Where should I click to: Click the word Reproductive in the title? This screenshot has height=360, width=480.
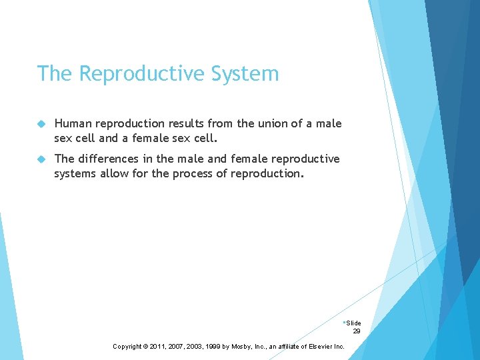[143, 74]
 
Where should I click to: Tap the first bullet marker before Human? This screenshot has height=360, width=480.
[41, 124]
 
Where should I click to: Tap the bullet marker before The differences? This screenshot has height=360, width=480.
[41, 159]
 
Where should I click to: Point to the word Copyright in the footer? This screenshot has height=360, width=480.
[127, 347]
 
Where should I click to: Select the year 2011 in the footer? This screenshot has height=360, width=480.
[158, 347]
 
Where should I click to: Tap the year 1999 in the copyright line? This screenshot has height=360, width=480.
[211, 347]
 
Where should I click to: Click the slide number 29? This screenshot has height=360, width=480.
[357, 331]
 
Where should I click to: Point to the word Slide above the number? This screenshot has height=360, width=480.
[353, 323]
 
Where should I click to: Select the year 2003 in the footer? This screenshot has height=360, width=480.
[194, 347]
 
